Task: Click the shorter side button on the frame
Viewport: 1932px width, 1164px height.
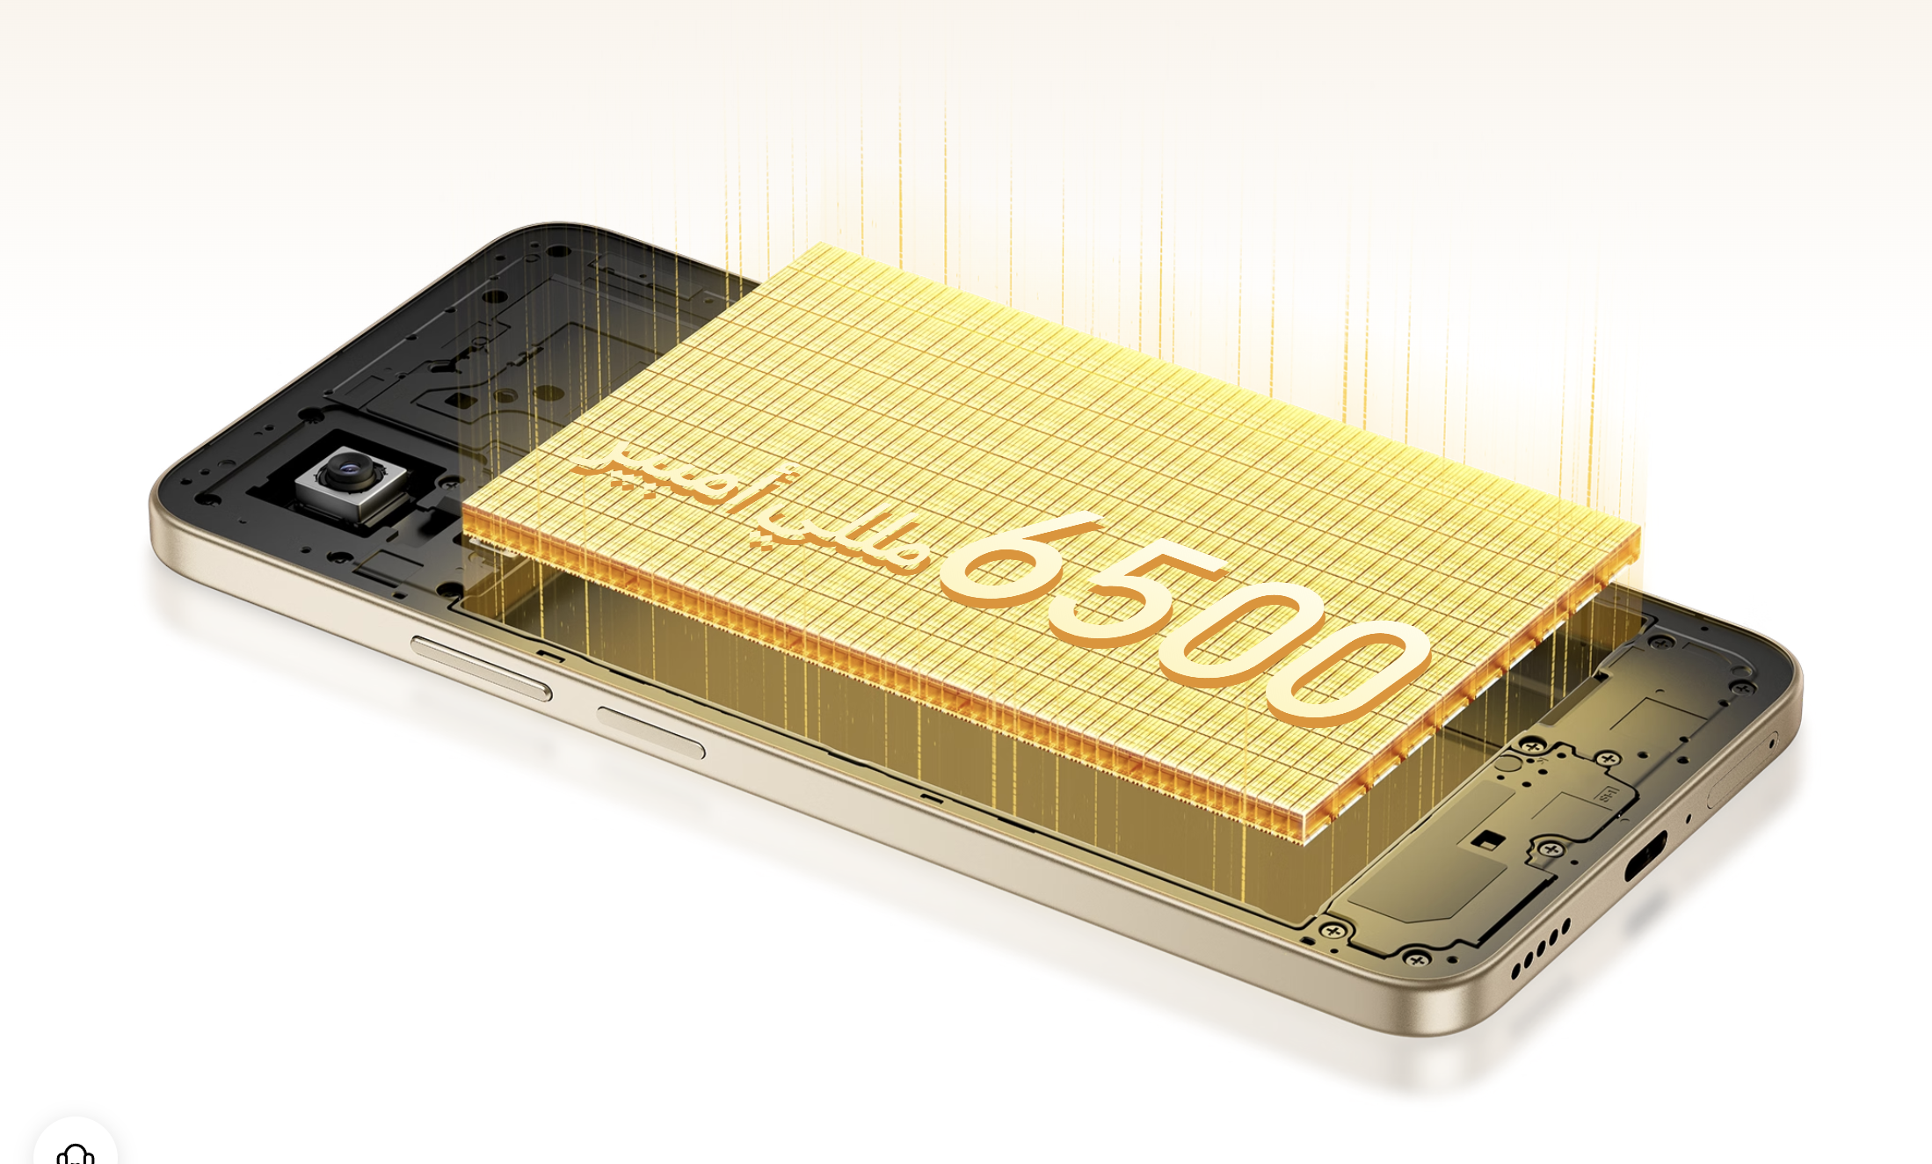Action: click(650, 731)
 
